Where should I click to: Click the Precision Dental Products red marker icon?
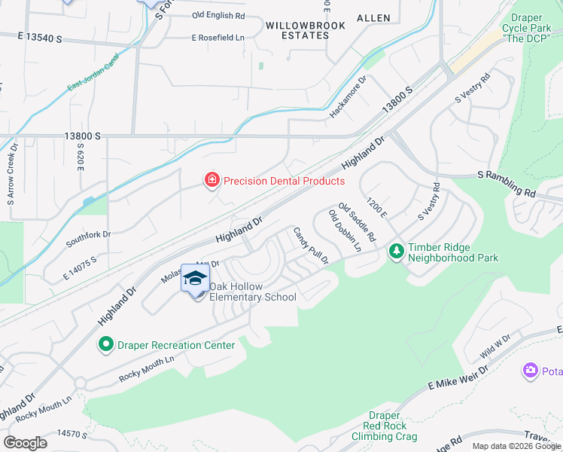click(x=212, y=180)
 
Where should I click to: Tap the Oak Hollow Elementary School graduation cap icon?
click(x=196, y=279)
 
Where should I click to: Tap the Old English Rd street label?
click(x=218, y=15)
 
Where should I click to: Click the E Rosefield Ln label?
click(x=218, y=37)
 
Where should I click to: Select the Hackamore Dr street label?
click(x=348, y=96)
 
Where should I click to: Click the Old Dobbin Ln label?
click(x=345, y=231)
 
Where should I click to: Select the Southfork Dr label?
click(x=88, y=234)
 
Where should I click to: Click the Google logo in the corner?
click(x=25, y=443)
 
